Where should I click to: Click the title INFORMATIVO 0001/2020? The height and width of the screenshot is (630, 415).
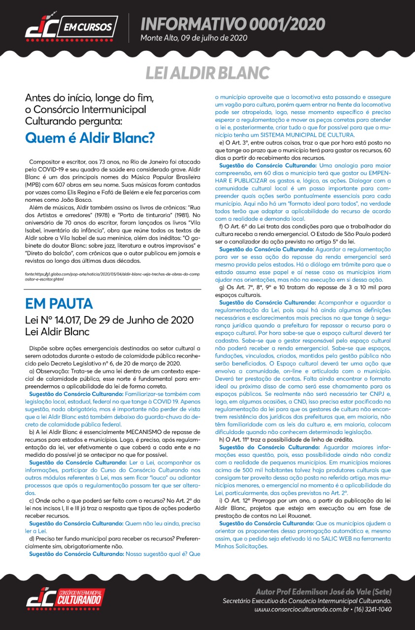(x=232, y=24)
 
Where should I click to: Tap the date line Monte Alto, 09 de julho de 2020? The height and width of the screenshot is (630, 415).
(x=193, y=38)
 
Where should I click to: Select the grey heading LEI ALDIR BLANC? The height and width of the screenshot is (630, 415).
(x=207, y=72)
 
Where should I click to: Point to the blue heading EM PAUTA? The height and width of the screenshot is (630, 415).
(x=59, y=303)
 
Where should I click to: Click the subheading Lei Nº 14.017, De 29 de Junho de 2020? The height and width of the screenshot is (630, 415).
(x=106, y=320)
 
